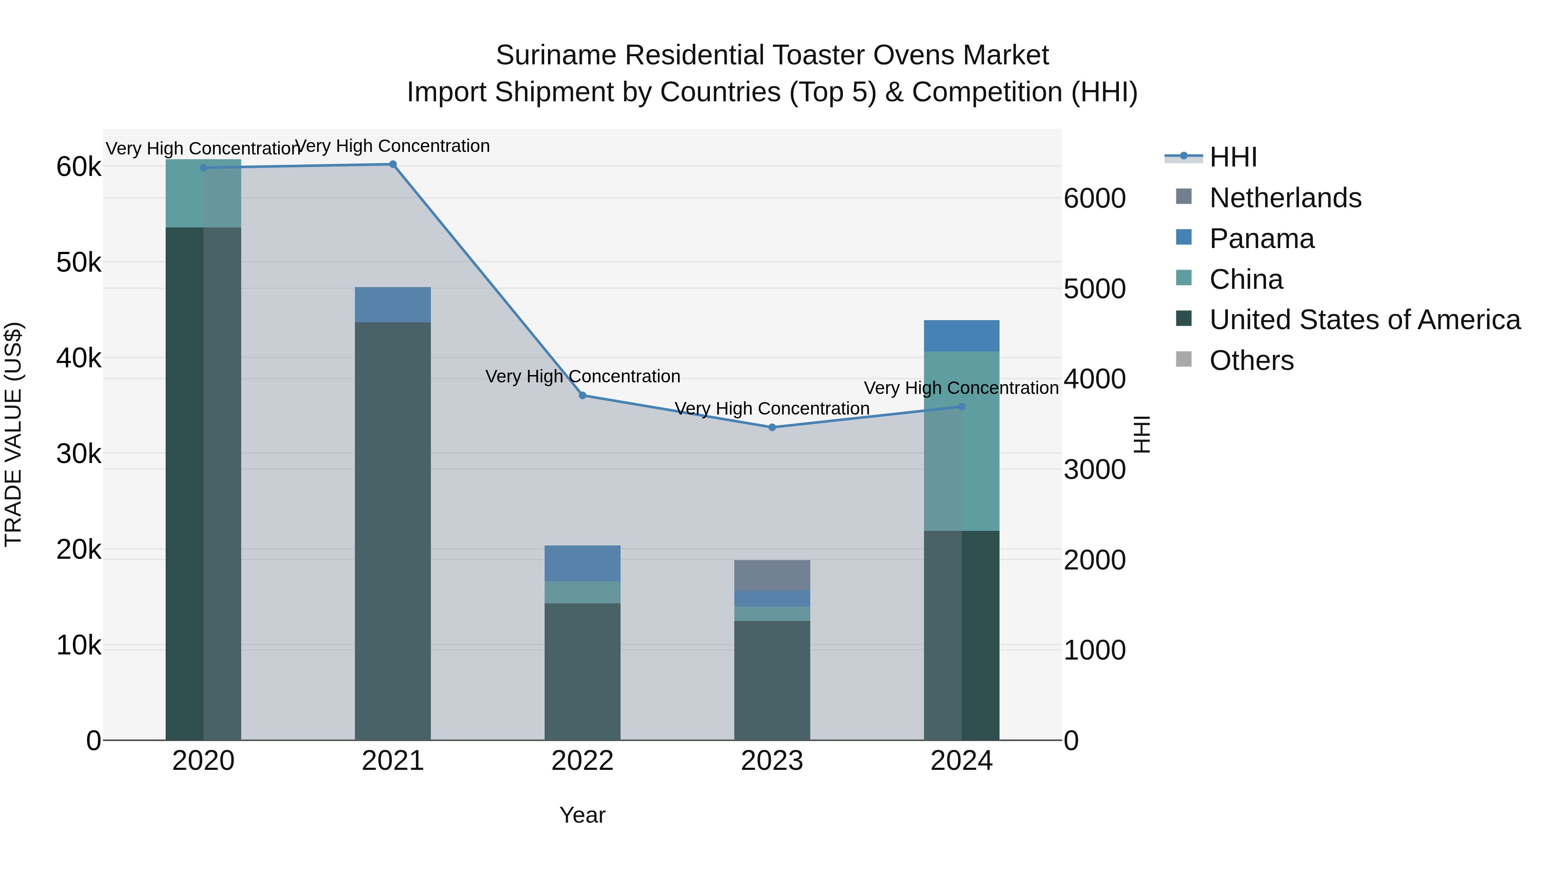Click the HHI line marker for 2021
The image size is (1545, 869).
[393, 164]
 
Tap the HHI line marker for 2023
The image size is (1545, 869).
[772, 427]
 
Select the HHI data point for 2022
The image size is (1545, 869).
[582, 396]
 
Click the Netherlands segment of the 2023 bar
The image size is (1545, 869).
[772, 575]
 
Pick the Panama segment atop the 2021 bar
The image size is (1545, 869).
[393, 305]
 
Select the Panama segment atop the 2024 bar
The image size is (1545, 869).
[961, 336]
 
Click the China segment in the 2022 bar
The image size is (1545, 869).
[582, 593]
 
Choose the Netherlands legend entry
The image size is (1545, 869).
[1285, 198]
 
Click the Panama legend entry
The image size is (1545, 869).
[1261, 239]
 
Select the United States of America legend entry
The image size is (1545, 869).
[1364, 320]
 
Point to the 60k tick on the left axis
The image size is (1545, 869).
[79, 167]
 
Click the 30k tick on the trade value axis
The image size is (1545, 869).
[79, 454]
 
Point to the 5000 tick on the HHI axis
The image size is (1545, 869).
[1094, 289]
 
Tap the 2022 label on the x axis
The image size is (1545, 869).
[582, 761]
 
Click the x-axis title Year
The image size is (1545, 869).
[582, 815]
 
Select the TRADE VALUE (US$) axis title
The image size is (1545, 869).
[13, 434]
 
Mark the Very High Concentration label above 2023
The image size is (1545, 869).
[772, 409]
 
